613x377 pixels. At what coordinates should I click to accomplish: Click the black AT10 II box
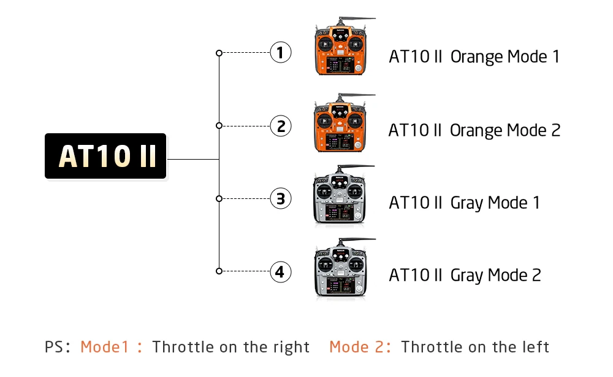click(x=105, y=156)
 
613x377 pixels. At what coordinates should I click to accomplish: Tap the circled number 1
click(x=280, y=53)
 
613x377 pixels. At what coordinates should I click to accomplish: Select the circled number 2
click(x=280, y=126)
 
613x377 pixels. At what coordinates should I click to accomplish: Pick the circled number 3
click(x=280, y=198)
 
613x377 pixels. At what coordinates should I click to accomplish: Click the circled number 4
click(x=280, y=271)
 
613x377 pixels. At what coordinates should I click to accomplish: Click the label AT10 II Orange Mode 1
click(x=474, y=56)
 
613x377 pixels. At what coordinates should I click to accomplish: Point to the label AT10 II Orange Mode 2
click(x=474, y=130)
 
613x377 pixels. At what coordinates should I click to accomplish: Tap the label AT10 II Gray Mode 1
click(x=464, y=203)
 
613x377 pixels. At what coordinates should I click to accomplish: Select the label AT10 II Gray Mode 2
click(x=465, y=275)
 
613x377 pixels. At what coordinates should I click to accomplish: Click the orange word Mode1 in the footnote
click(x=105, y=347)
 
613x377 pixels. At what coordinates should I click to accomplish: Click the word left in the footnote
click(x=532, y=347)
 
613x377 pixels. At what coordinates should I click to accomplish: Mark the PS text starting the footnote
click(x=54, y=347)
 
